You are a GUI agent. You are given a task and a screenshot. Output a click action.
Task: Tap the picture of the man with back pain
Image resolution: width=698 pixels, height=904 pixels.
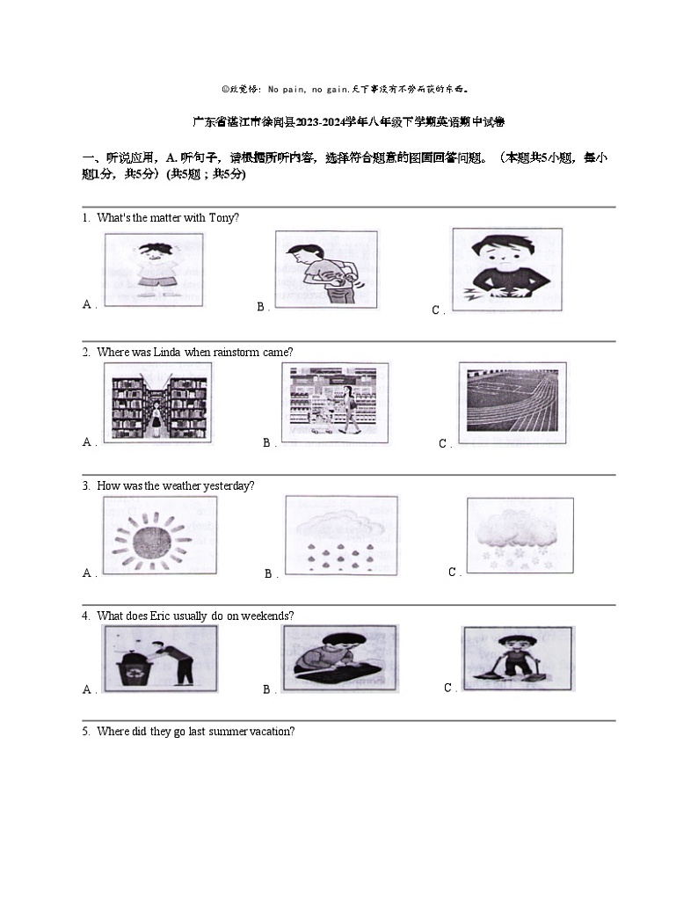coord(326,267)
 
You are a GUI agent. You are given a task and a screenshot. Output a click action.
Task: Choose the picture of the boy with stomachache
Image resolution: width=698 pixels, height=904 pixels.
coord(506,267)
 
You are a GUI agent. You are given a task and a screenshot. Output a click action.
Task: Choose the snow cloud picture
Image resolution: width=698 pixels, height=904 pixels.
coord(519,535)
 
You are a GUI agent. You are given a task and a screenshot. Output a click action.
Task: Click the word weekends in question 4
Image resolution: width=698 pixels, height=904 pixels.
coord(268,616)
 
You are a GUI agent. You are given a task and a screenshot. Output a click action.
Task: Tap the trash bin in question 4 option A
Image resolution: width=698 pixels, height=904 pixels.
coord(129,667)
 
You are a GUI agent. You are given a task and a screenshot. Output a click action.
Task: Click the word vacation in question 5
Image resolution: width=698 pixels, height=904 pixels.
coord(273,731)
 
